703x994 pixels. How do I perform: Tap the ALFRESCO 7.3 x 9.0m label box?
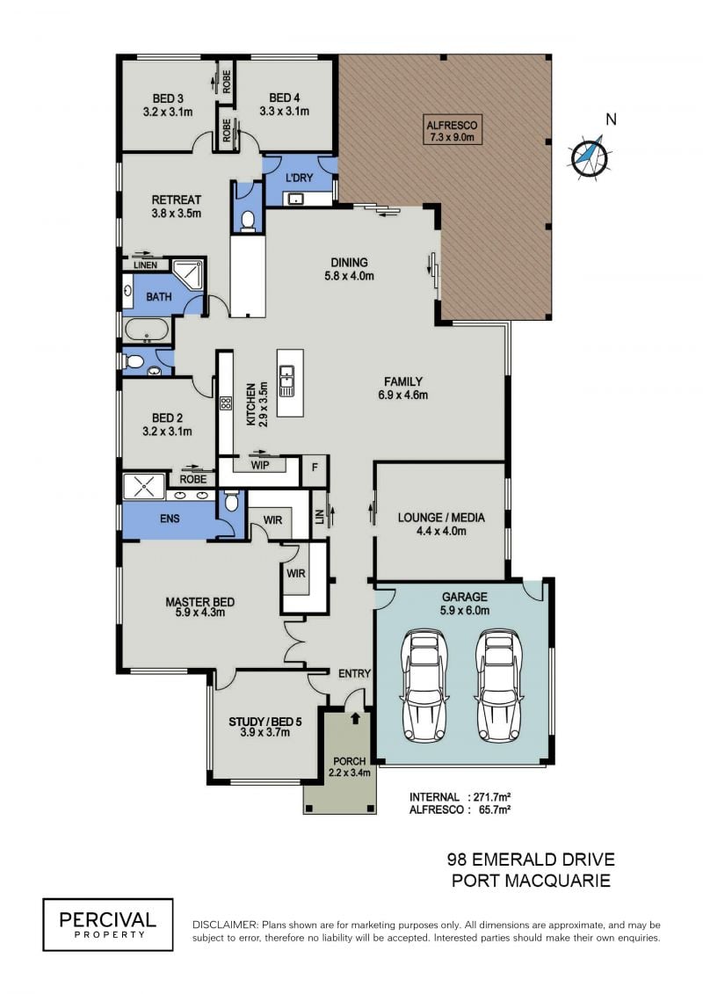(x=452, y=131)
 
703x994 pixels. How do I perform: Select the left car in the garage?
(x=424, y=686)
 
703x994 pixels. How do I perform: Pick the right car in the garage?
(x=500, y=686)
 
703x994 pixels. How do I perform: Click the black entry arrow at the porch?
(x=356, y=718)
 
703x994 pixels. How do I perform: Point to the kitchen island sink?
(x=286, y=381)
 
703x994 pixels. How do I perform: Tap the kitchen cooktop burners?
(x=225, y=403)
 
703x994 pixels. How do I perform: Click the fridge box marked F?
(x=315, y=468)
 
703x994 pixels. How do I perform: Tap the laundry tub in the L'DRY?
(x=295, y=199)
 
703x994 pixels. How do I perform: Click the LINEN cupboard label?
(x=145, y=265)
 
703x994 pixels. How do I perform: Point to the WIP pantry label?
(x=260, y=465)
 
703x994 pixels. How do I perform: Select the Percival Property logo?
(x=108, y=925)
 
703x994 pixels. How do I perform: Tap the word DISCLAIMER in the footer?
(x=225, y=925)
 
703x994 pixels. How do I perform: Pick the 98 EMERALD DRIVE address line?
(x=532, y=860)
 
